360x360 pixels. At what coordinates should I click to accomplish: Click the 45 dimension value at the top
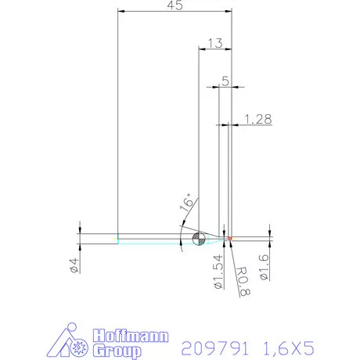pos(175,6)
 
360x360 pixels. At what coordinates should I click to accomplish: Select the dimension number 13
pos(217,42)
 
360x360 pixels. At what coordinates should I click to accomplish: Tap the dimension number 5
pos(226,81)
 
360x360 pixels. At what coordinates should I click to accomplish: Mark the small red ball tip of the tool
pos(231,237)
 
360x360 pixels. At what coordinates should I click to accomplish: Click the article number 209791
pos(213,347)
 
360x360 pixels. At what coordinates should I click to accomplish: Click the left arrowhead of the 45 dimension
pos(121,12)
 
